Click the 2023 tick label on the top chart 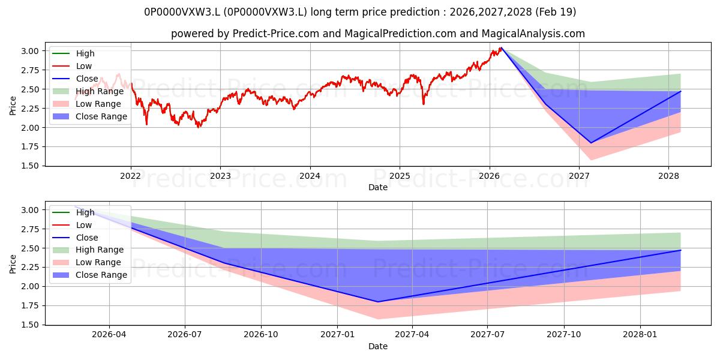coord(220,176)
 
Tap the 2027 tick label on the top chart coord(579,176)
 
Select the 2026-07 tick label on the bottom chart coord(185,335)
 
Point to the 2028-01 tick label coord(640,335)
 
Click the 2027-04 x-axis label coord(412,335)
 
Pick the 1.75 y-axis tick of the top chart coord(29,146)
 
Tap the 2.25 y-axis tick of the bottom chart coord(29,268)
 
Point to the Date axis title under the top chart coord(377,187)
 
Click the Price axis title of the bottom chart coord(13,264)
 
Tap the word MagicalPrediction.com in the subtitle coord(400,34)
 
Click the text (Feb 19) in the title coord(556,12)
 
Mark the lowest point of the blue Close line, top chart coord(591,143)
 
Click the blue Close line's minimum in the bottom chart coord(378,302)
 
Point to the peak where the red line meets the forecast coord(501,47)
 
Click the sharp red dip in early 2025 coord(424,104)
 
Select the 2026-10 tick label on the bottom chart coord(261,335)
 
